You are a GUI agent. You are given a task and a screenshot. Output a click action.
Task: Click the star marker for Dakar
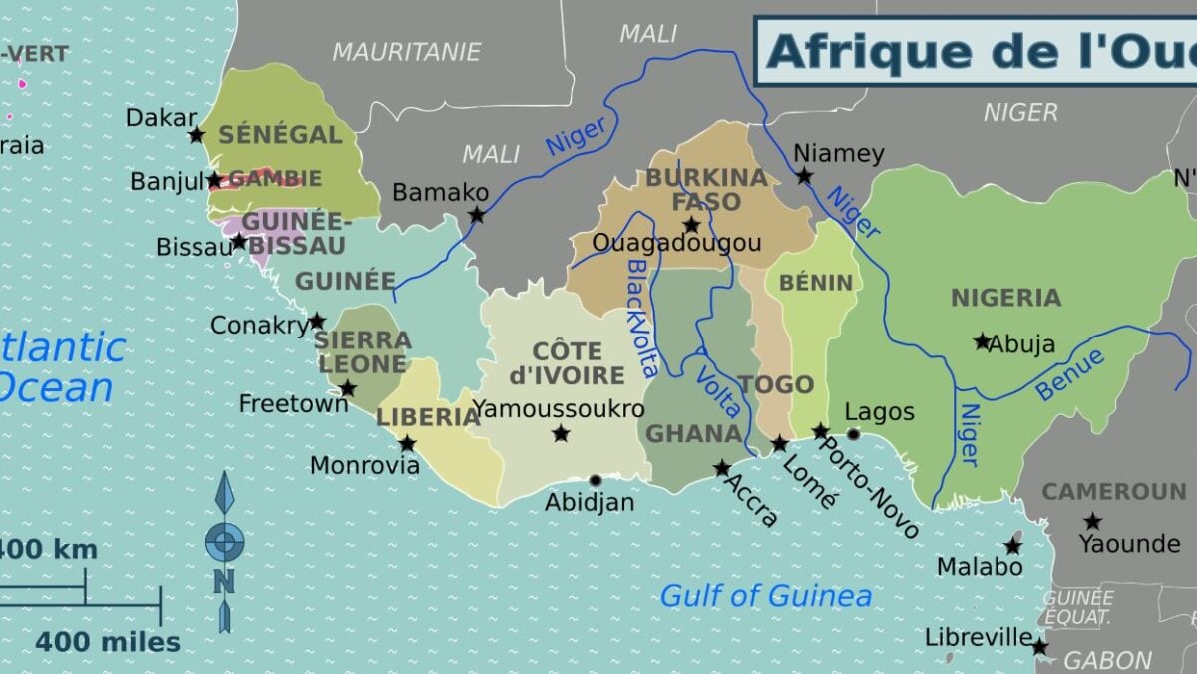coord(197,134)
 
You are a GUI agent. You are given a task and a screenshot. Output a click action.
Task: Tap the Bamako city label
coord(440,192)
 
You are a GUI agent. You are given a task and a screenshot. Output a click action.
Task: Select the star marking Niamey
coord(804,176)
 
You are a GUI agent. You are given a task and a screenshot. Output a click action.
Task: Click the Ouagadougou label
coord(675,243)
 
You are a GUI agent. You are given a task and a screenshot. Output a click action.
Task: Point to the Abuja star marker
coord(982,341)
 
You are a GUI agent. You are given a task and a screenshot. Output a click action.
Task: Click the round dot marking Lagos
coord(853,434)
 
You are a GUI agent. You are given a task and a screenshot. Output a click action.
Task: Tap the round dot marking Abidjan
coord(596,480)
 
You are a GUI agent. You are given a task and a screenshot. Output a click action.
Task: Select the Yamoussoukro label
coord(559,409)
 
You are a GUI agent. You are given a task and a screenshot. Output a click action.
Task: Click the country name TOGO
coord(776,385)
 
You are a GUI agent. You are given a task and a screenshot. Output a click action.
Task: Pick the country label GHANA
coord(694,434)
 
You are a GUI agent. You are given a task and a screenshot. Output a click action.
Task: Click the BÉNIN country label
coord(816,283)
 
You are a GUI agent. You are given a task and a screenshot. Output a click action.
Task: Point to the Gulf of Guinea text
coord(766,597)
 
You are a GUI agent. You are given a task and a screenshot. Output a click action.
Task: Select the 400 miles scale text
coord(108,642)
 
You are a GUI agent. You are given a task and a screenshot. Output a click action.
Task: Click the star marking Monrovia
coord(407,443)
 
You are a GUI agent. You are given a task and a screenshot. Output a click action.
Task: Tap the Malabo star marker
coord(1012,546)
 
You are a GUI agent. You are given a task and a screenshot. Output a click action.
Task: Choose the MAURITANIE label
coord(406,52)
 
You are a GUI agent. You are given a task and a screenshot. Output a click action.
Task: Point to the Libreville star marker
coord(1039,647)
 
